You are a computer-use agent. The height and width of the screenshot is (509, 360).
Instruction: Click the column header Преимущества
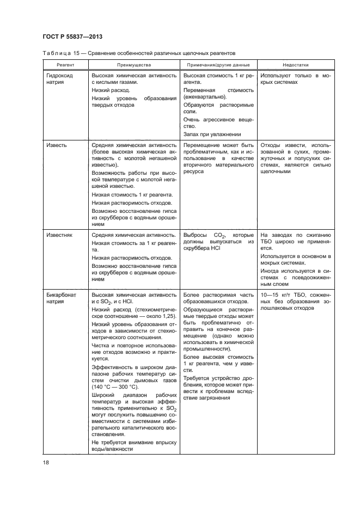[134, 63]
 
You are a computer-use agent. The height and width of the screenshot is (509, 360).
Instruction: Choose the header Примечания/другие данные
[218, 63]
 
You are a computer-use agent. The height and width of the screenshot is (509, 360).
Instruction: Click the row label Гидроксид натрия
[58, 79]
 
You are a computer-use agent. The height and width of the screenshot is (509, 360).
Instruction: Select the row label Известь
[57, 145]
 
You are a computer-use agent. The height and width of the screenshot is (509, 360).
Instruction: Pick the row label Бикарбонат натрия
[61, 298]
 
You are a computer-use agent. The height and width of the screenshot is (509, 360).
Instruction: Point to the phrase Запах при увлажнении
[212, 134]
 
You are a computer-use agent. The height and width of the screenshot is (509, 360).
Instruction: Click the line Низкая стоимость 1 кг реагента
[132, 194]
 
